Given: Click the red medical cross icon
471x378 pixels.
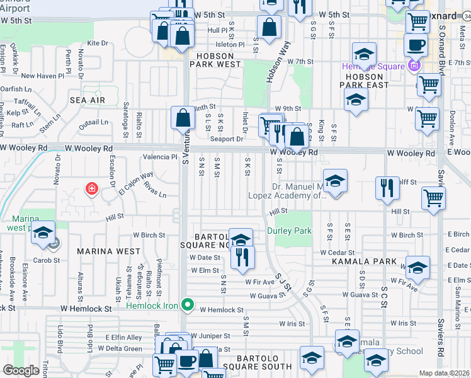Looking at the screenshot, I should tap(92, 188).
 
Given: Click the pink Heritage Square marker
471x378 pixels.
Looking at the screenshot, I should tap(414, 66).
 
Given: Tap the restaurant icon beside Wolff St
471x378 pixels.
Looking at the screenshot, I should tap(387, 188).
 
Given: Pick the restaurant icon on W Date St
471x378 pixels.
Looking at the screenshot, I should tap(241, 256).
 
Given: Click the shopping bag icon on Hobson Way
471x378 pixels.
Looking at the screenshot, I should tap(269, 28).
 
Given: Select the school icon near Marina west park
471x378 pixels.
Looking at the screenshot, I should tap(43, 232).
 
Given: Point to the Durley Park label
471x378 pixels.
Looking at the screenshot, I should tap(290, 231).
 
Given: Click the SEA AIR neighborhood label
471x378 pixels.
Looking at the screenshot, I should tap(88, 100).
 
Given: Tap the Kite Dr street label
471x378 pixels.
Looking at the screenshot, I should tap(98, 43).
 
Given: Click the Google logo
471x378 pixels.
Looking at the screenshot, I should tap(21, 370).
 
